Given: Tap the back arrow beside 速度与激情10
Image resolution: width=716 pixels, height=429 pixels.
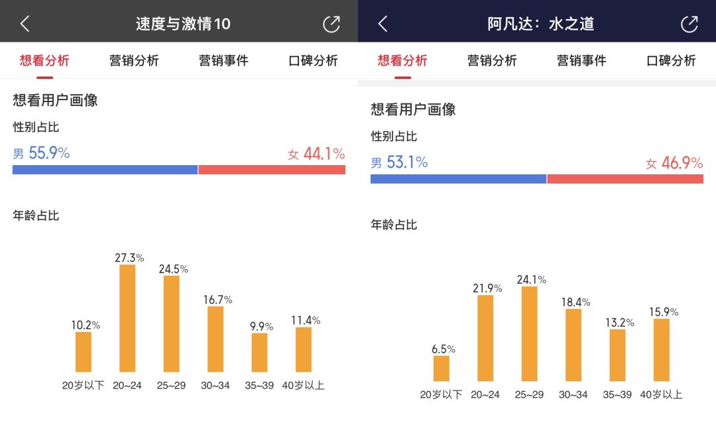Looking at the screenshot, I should coord(25,24).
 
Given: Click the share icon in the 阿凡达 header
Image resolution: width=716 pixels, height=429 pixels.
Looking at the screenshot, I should coord(689,24).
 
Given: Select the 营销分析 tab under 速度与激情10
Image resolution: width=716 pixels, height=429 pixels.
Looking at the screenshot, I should coord(134,61).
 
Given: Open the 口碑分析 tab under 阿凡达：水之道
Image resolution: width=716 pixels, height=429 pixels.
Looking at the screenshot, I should coord(671,61).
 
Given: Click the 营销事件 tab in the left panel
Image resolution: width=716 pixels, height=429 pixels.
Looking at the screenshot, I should coord(223,61).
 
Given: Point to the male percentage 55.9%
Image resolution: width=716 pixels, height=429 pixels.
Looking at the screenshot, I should coord(48,153).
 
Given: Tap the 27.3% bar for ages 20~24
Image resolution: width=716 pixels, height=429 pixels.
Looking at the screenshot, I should coord(127,318).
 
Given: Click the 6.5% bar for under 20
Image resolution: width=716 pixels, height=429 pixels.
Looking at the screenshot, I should coord(442,368).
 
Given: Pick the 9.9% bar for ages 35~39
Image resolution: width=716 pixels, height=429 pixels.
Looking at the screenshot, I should coord(260,352).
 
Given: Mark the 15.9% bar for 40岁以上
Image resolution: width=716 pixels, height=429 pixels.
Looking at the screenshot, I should coord(662,349).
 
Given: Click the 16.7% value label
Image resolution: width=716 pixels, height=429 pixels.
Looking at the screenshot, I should coord(217,300).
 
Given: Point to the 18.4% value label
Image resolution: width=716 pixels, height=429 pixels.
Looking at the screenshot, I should coord(575,302).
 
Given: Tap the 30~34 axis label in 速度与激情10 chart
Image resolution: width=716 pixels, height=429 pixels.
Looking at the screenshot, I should coord(215,385).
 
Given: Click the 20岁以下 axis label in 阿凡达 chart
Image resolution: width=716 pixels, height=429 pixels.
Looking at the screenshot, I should coord(441,395).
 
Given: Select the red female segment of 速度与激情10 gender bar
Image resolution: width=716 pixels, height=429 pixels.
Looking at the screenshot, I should coord(272,170).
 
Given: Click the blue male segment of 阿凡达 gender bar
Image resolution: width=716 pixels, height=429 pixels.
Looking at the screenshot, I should coord(458,179).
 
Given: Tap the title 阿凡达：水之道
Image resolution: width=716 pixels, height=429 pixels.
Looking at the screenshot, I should coord(541,24).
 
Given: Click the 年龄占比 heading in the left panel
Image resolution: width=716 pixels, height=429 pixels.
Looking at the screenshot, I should coord(36,215).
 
